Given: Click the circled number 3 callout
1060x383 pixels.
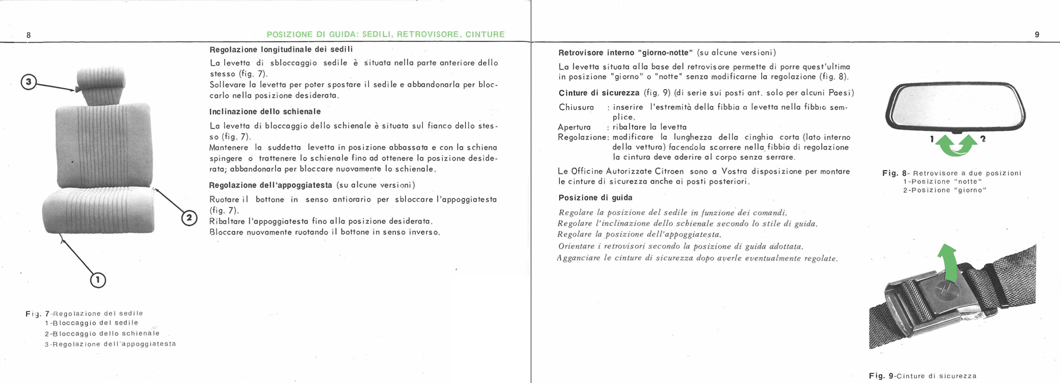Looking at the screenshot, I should pos(29,82).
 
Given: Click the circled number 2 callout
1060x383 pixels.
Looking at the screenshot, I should pos(189,218).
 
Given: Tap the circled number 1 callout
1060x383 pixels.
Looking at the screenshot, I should pos(98,280).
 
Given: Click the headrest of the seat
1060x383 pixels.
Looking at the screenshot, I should pos(101,84).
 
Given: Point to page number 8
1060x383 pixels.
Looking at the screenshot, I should pos(29,35).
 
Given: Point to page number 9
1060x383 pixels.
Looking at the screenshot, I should pos(1037,34).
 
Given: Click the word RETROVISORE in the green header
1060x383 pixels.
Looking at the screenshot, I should pos(427,34).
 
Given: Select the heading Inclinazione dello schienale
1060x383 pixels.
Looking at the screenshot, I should pos(265,112).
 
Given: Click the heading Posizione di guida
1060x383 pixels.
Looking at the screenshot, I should pos(595,198).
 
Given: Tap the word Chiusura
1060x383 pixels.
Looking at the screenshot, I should pos(576,107).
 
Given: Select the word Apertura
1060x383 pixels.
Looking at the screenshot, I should pos(574,127).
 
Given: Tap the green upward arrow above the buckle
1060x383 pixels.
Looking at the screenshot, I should pos(948,262).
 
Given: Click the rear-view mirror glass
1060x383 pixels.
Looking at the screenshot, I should pos(955,107).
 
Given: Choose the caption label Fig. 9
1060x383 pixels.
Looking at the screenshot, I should pos(880,376).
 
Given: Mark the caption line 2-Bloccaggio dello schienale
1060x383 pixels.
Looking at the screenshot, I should pos(102,334).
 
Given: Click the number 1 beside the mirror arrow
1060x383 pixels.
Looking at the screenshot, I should pos(932,140).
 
